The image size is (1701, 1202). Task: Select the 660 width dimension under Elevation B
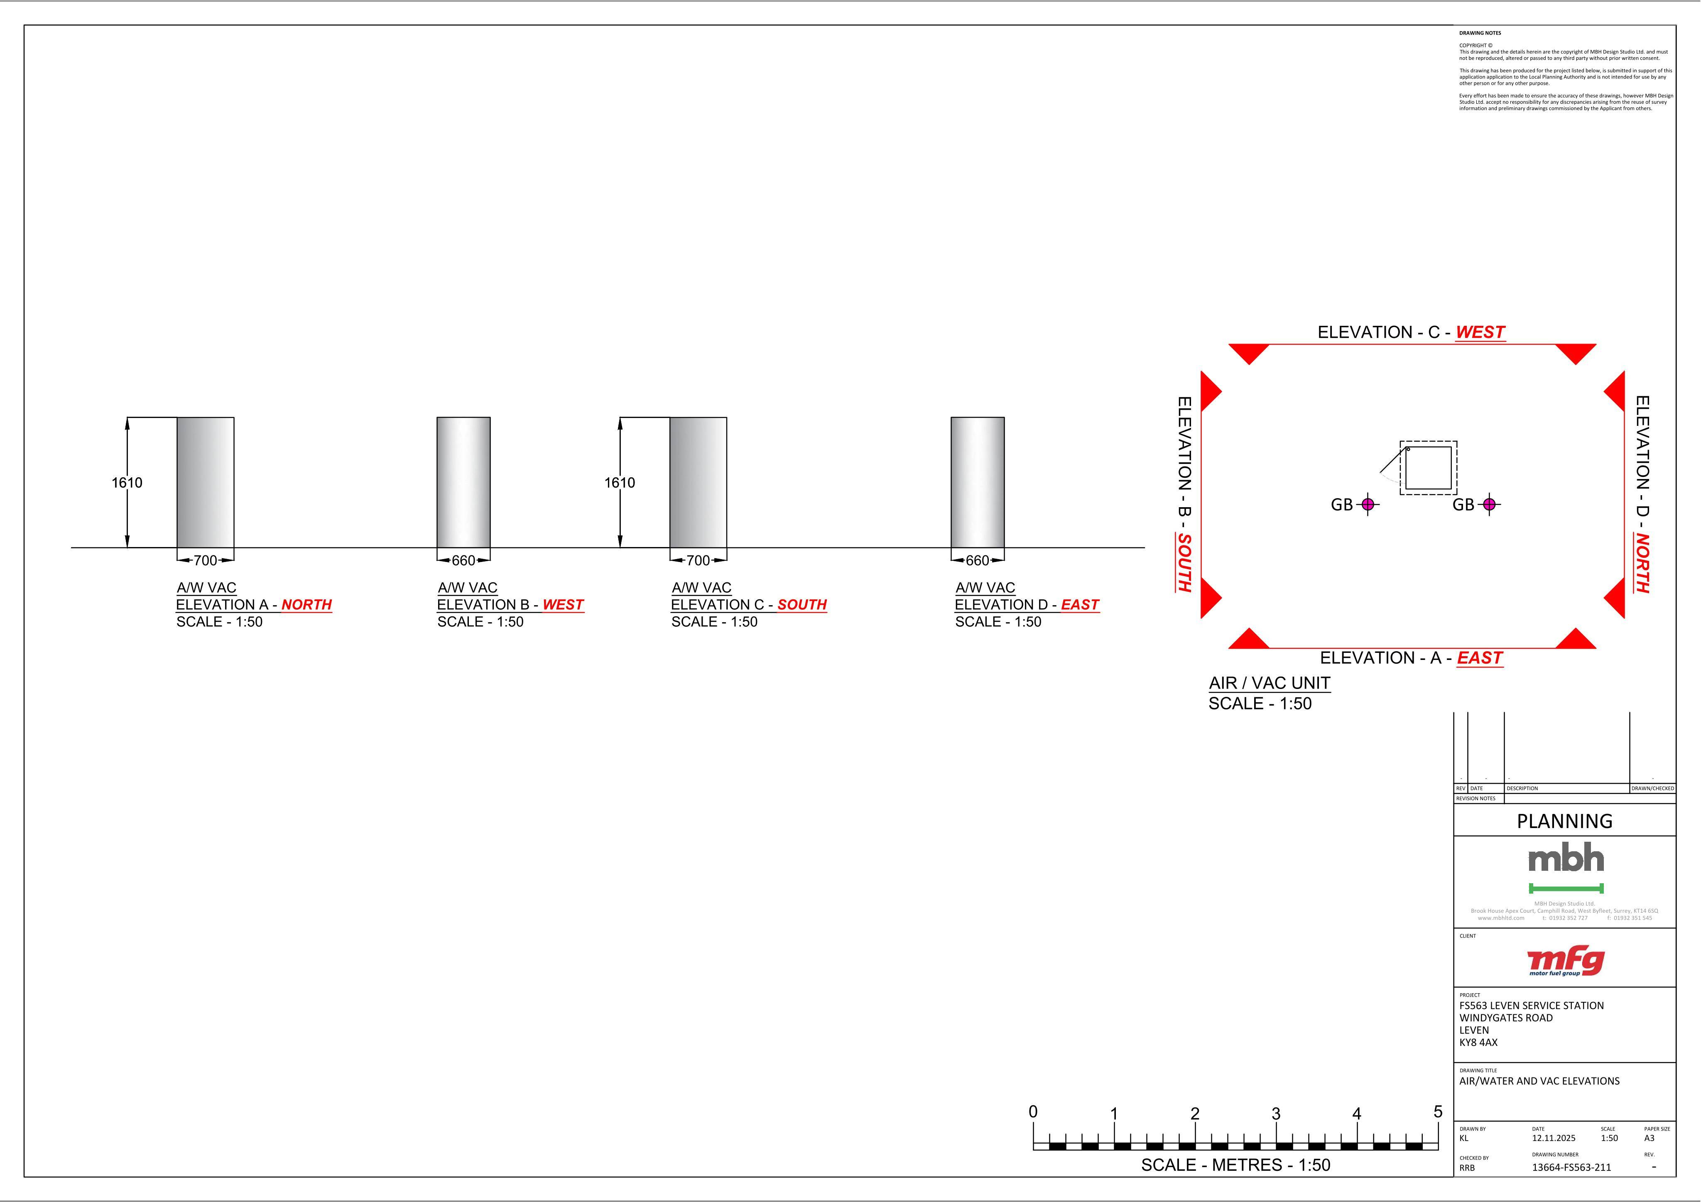pyautogui.click(x=463, y=561)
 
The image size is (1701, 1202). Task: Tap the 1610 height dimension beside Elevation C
pyautogui.click(x=619, y=483)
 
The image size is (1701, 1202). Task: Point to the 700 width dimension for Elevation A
pyautogui.click(x=205, y=561)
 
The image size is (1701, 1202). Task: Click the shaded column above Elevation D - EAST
pyautogui.click(x=978, y=483)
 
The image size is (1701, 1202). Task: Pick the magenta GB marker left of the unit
pyautogui.click(x=1368, y=504)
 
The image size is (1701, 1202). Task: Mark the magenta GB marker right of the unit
pyautogui.click(x=1489, y=504)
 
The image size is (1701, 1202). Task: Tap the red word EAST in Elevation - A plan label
pyautogui.click(x=1480, y=658)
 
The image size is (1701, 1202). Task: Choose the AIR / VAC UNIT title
pyautogui.click(x=1270, y=683)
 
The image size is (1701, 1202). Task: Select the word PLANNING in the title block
pyautogui.click(x=1565, y=821)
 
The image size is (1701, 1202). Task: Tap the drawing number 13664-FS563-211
pyautogui.click(x=1571, y=1167)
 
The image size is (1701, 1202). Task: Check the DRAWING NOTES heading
pyautogui.click(x=1480, y=33)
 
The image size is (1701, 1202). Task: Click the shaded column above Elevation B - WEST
pyautogui.click(x=464, y=483)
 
